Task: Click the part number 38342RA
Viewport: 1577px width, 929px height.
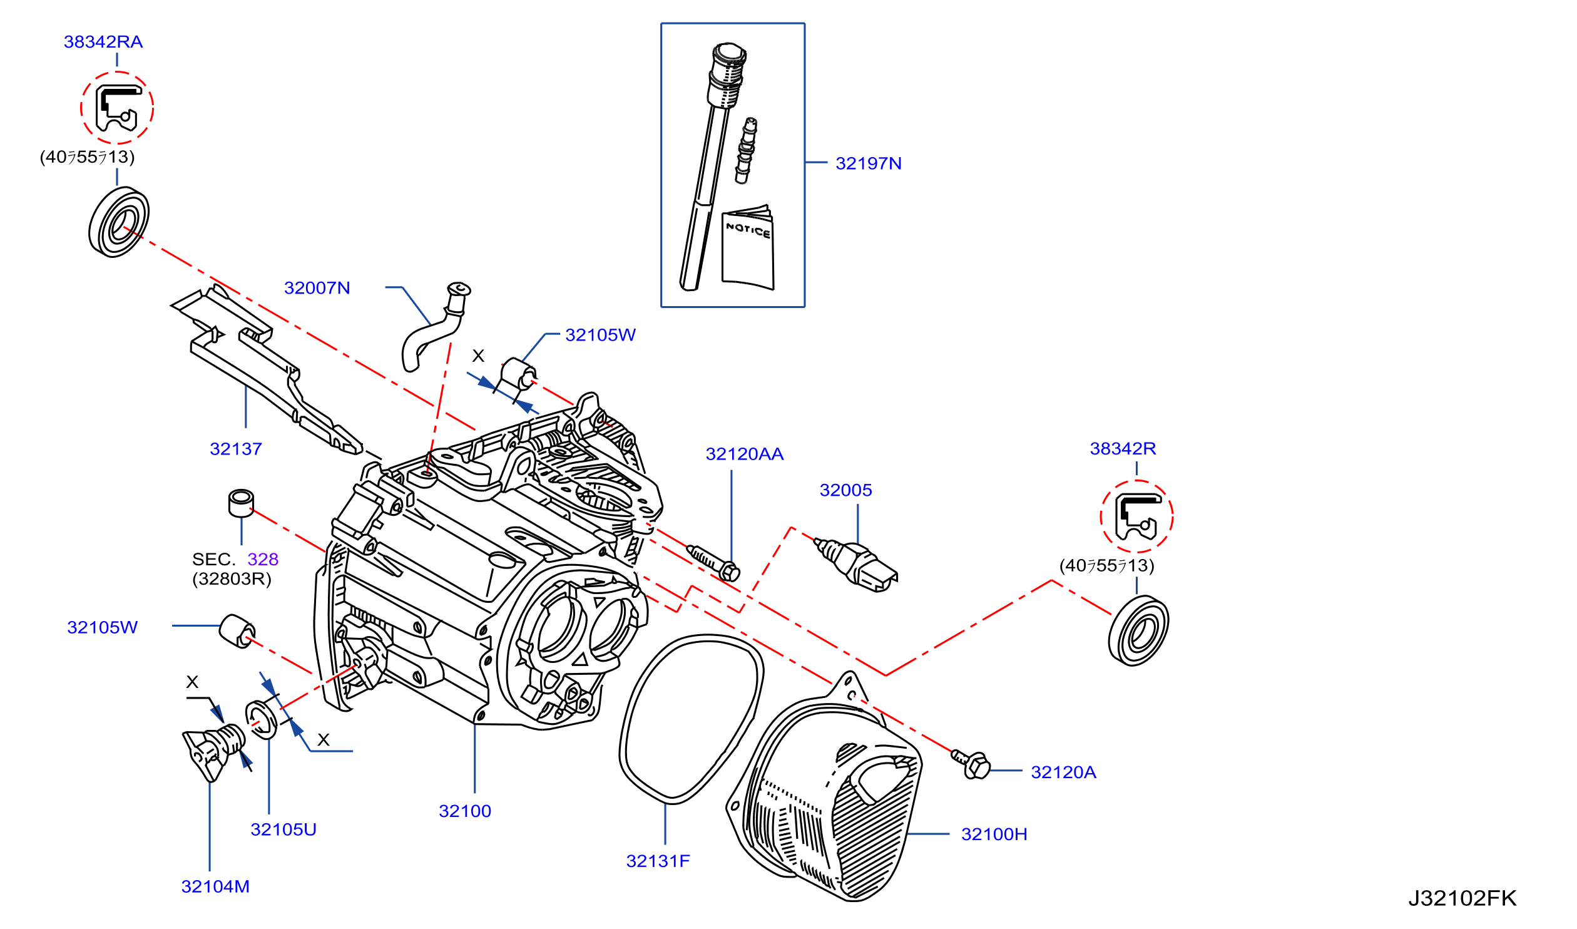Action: coord(103,42)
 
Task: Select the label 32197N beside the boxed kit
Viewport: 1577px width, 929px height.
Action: coord(869,163)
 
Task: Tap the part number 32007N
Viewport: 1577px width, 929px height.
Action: coord(317,288)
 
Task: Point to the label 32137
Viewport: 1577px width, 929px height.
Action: coord(236,449)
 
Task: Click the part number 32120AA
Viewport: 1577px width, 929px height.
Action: coord(745,454)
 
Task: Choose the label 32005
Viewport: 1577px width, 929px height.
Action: coord(846,490)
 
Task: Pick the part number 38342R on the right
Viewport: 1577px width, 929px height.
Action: coord(1123,448)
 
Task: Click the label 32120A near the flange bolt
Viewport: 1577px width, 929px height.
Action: coord(1064,772)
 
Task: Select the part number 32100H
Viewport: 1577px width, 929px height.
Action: coord(994,834)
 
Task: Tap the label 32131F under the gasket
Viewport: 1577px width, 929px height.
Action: coord(658,861)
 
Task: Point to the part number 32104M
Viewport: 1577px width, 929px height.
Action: coord(215,886)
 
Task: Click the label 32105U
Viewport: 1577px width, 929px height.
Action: coord(283,829)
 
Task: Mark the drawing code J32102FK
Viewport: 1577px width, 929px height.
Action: coord(1462,898)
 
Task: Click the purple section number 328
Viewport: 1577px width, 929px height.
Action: coord(263,559)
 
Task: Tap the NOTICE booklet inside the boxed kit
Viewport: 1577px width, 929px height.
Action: coord(748,247)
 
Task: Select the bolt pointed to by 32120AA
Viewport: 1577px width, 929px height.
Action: coord(713,563)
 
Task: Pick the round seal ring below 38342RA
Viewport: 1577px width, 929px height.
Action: coord(119,222)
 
